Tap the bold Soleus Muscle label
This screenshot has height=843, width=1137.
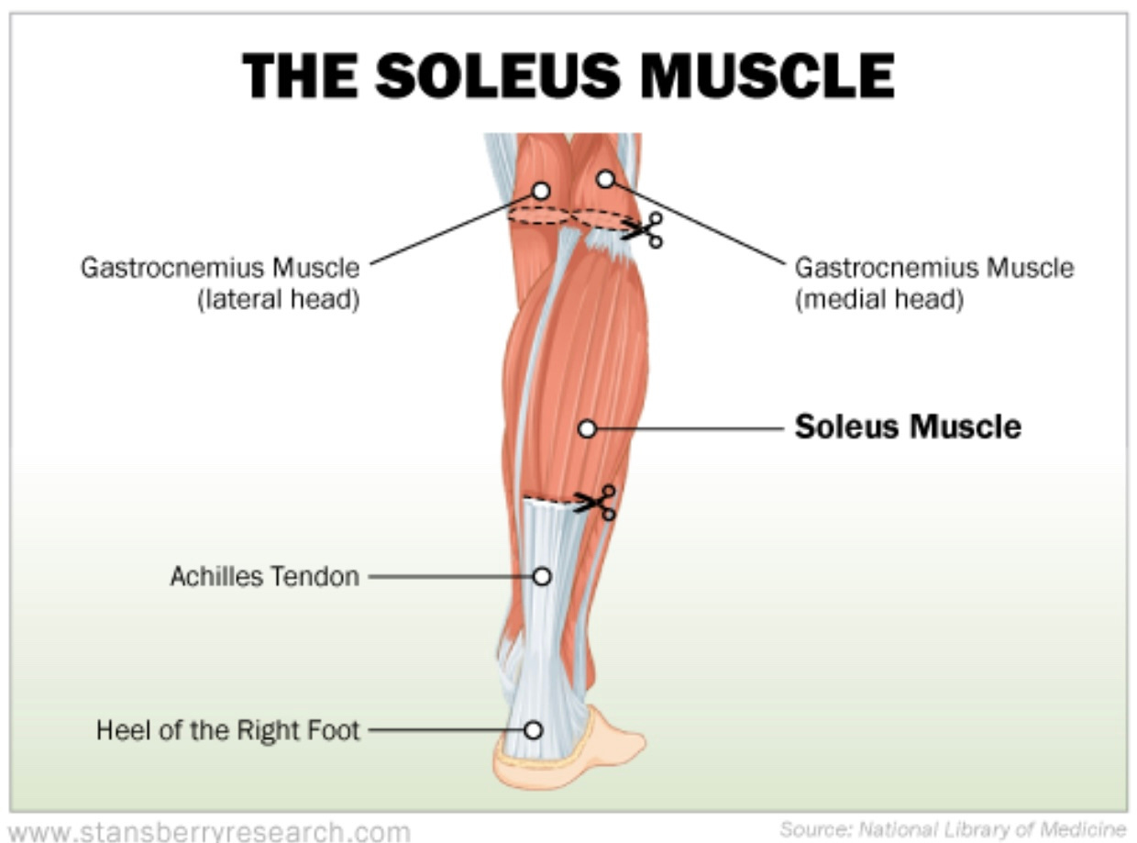pyautogui.click(x=908, y=427)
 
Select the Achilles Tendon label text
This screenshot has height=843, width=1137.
pyautogui.click(x=265, y=577)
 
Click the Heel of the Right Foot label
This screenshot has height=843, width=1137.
pyautogui.click(x=228, y=731)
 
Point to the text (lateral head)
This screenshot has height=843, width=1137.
pyautogui.click(x=278, y=299)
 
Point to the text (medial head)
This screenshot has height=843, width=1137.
pyautogui.click(x=878, y=299)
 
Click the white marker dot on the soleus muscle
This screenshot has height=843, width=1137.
pyautogui.click(x=588, y=428)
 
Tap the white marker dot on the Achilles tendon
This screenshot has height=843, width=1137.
pyautogui.click(x=542, y=576)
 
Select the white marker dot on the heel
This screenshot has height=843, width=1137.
pyautogui.click(x=534, y=730)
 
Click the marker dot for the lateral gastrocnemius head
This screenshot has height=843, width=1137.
pyautogui.click(x=541, y=191)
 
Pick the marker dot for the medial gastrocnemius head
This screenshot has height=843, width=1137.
pyautogui.click(x=605, y=179)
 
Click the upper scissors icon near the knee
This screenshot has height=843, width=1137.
pyautogui.click(x=645, y=229)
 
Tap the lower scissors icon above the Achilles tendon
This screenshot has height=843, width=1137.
pyautogui.click(x=597, y=502)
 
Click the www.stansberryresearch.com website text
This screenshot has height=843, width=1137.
pyautogui.click(x=209, y=832)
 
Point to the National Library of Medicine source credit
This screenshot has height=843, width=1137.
pyautogui.click(x=952, y=830)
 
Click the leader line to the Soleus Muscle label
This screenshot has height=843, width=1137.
pyautogui.click(x=688, y=428)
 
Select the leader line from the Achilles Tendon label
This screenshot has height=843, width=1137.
pyautogui.click(x=449, y=577)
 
